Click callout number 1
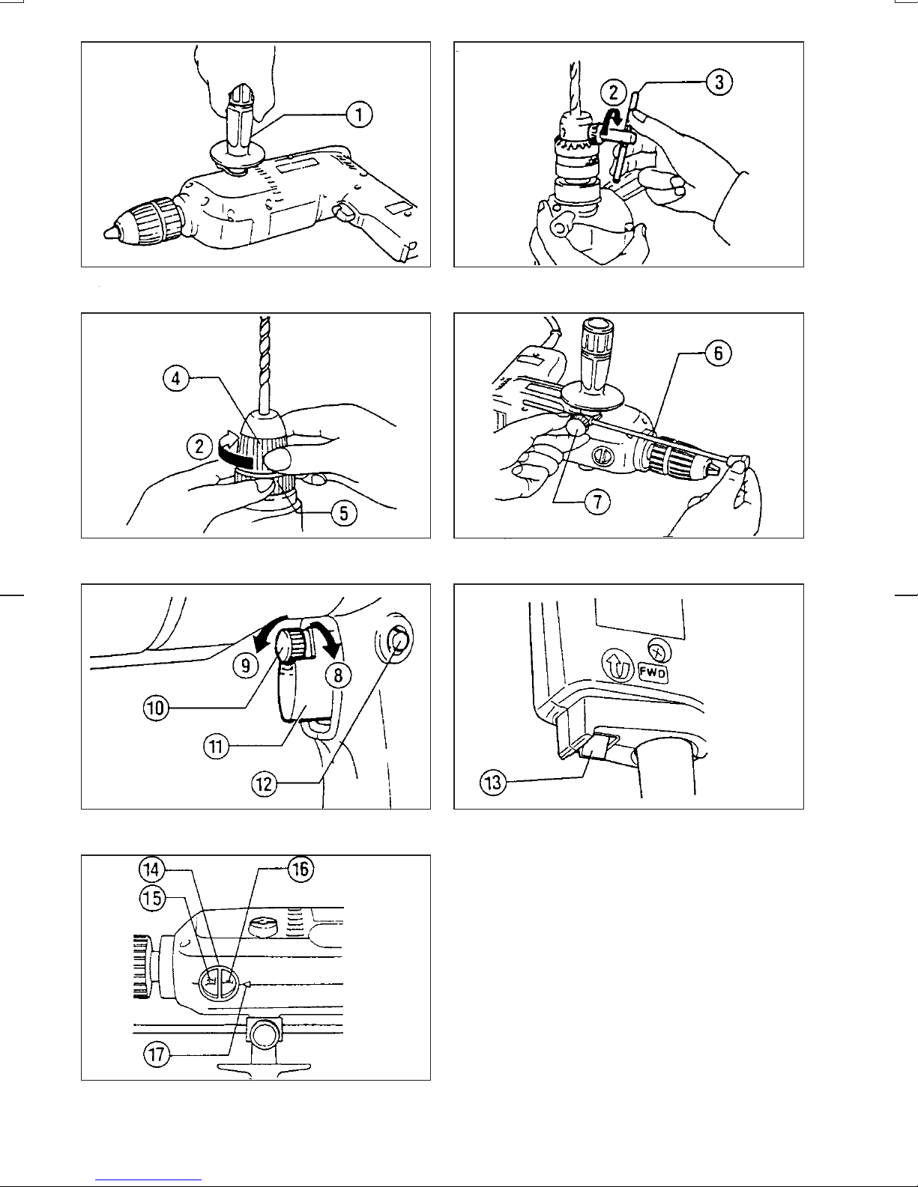(359, 115)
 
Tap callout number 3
(719, 82)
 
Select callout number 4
(176, 378)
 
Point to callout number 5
(344, 514)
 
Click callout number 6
(718, 353)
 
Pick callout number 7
(597, 502)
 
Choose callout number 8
(338, 676)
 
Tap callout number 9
(245, 665)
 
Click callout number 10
(156, 708)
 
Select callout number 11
(217, 746)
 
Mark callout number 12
(264, 784)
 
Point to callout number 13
(493, 783)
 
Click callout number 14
(151, 869)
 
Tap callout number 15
(152, 898)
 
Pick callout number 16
(301, 869)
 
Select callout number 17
(157, 1054)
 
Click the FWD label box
(653, 673)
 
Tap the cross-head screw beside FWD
(659, 651)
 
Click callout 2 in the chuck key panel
(614, 92)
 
